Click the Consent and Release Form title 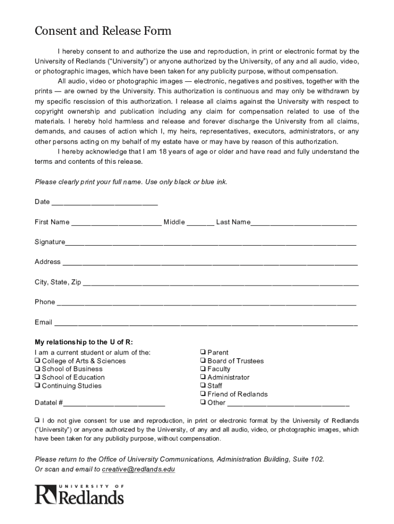pos(103,31)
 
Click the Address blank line pos(209,263)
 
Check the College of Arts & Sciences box pos(37,361)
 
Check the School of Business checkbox pos(37,369)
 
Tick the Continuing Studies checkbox pos(37,386)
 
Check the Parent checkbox pos(203,352)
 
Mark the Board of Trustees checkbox pos(203,361)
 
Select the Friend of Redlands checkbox pos(203,394)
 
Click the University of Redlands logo pos(79,494)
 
